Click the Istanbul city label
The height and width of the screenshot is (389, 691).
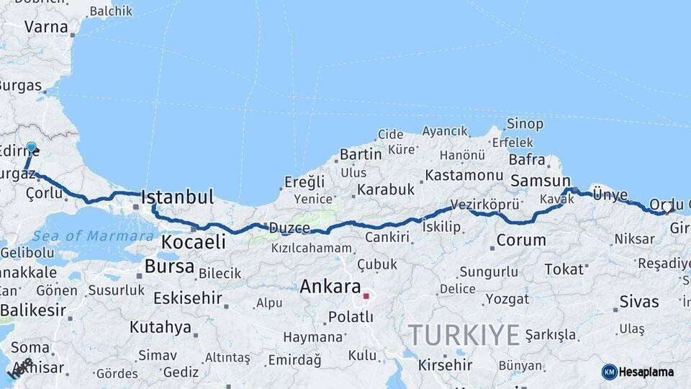click(x=178, y=197)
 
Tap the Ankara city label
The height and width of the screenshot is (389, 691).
click(x=330, y=286)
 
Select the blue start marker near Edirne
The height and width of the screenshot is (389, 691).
click(x=31, y=148)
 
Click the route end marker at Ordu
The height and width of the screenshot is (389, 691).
click(x=668, y=209)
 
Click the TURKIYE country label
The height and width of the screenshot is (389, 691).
click(x=464, y=335)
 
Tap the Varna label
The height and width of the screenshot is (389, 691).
click(x=45, y=27)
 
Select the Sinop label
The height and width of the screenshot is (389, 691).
click(x=525, y=124)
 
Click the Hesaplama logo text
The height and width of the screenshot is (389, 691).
click(x=647, y=372)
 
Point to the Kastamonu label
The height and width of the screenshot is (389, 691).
click(x=464, y=175)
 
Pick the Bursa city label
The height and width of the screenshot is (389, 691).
click(x=169, y=267)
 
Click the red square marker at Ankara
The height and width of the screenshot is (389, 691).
click(x=366, y=296)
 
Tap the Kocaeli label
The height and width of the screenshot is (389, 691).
click(x=193, y=241)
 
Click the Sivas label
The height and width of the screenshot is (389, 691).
click(x=638, y=302)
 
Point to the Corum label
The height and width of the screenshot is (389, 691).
click(x=521, y=240)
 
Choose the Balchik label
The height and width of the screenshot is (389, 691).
click(x=110, y=11)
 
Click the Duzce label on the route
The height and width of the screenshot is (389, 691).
click(x=289, y=228)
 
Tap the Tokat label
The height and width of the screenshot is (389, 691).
click(x=564, y=269)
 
